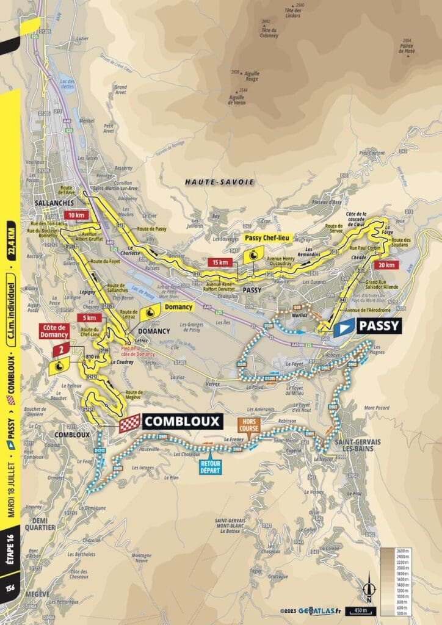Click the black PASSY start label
(x=379, y=326)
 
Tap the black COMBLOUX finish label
(x=182, y=421)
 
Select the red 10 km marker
(x=76, y=215)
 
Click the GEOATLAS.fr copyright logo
(x=311, y=610)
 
